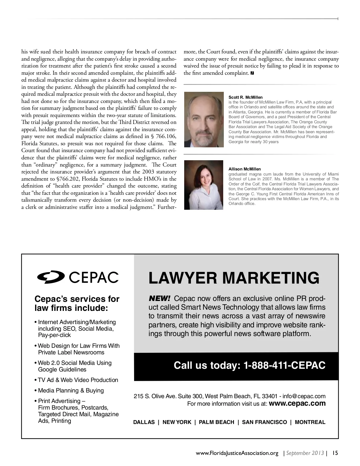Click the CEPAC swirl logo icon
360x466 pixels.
tap(51, 277)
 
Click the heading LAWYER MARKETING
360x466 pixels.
tap(234, 278)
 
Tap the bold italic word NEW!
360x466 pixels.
tap(160, 299)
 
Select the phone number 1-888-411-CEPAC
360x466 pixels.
tap(284, 365)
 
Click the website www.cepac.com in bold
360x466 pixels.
tap(297, 403)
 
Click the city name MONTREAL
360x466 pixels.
tap(310, 422)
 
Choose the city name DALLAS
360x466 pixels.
tap(144, 422)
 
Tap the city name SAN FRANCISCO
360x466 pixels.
tap(264, 422)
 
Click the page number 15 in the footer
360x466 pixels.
tap(335, 453)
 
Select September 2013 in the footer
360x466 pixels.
tap(305, 453)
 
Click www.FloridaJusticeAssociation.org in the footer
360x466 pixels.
tap(237, 453)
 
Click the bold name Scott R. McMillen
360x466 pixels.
tap(245, 97)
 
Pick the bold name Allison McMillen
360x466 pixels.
tap(244, 169)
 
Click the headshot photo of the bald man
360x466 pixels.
tap(204, 119)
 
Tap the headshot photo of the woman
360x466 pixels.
tap(204, 185)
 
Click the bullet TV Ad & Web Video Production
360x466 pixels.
tap(78, 380)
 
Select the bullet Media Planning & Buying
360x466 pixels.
tap(71, 390)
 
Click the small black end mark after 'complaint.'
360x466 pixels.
tap(252, 73)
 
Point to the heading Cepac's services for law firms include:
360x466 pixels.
tap(77, 303)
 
